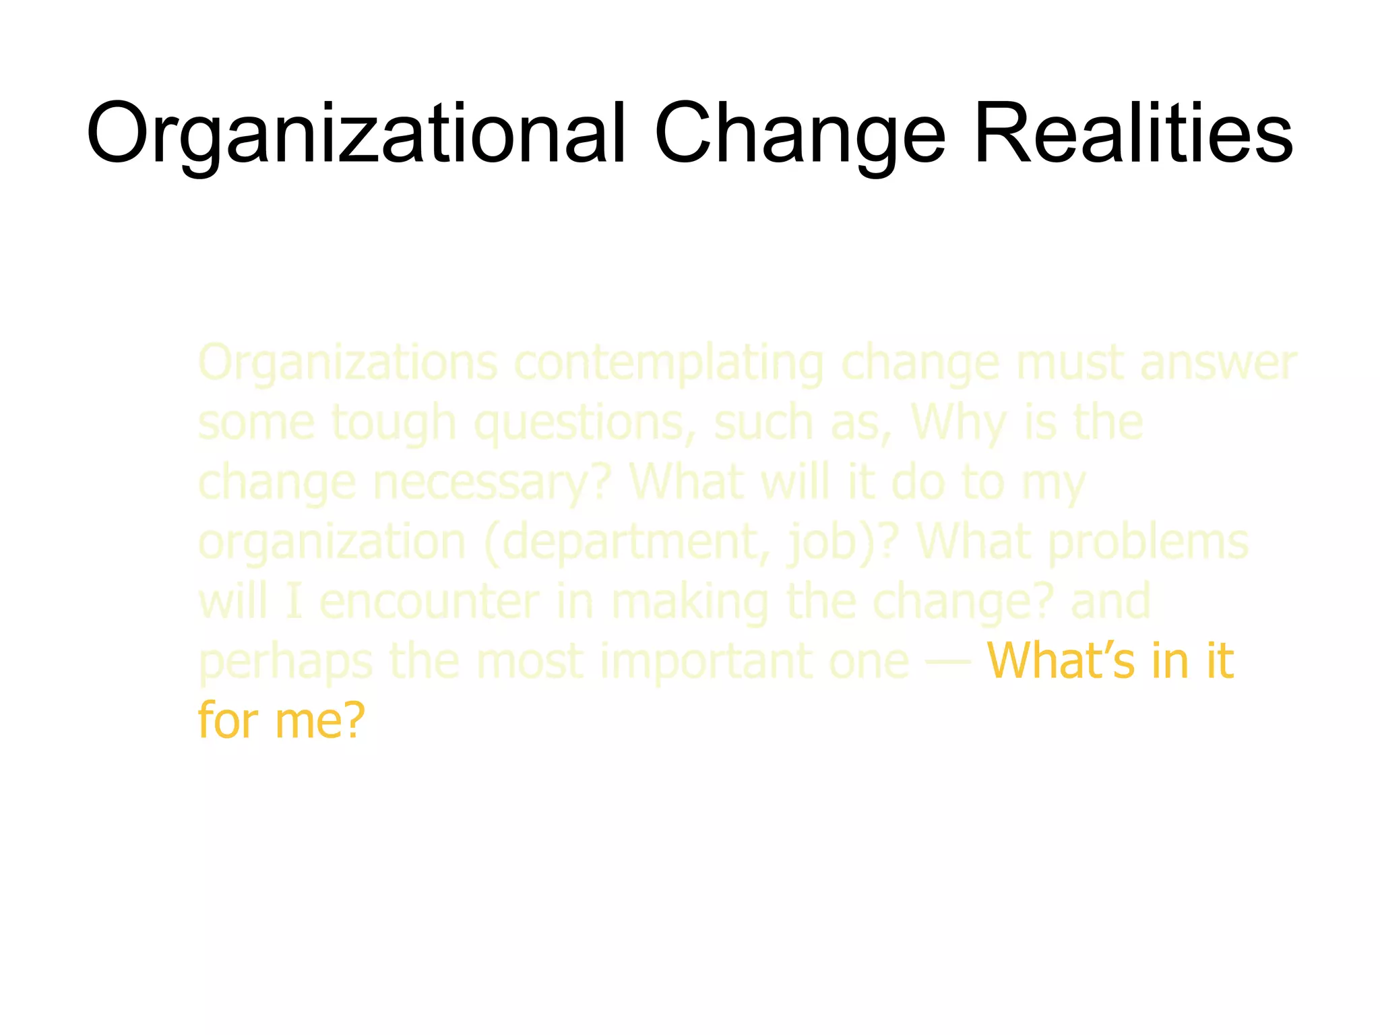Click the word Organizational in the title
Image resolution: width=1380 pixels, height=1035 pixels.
coord(356,133)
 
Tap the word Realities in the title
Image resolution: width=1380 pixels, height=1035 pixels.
coord(1133,133)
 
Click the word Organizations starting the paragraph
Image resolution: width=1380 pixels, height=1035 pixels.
coord(348,364)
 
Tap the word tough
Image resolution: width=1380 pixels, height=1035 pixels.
coord(394,423)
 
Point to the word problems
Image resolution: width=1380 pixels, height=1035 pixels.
coord(1149,542)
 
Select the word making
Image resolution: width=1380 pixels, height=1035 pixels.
coord(690,602)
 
